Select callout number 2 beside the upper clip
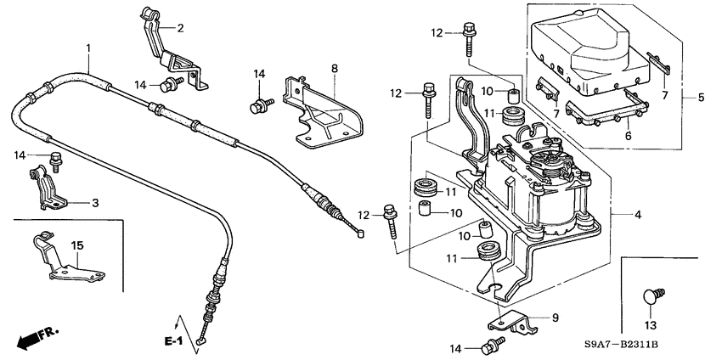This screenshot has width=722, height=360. click(x=180, y=28)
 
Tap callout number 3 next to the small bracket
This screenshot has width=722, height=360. click(x=95, y=203)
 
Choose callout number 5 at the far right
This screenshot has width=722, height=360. click(x=701, y=98)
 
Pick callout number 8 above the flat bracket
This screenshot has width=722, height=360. click(x=334, y=67)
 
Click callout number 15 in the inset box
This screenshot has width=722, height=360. click(x=76, y=245)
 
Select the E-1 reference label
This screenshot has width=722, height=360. click(x=173, y=340)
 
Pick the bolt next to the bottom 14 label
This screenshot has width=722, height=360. click(x=490, y=346)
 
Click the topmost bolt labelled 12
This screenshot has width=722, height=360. click(x=468, y=33)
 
